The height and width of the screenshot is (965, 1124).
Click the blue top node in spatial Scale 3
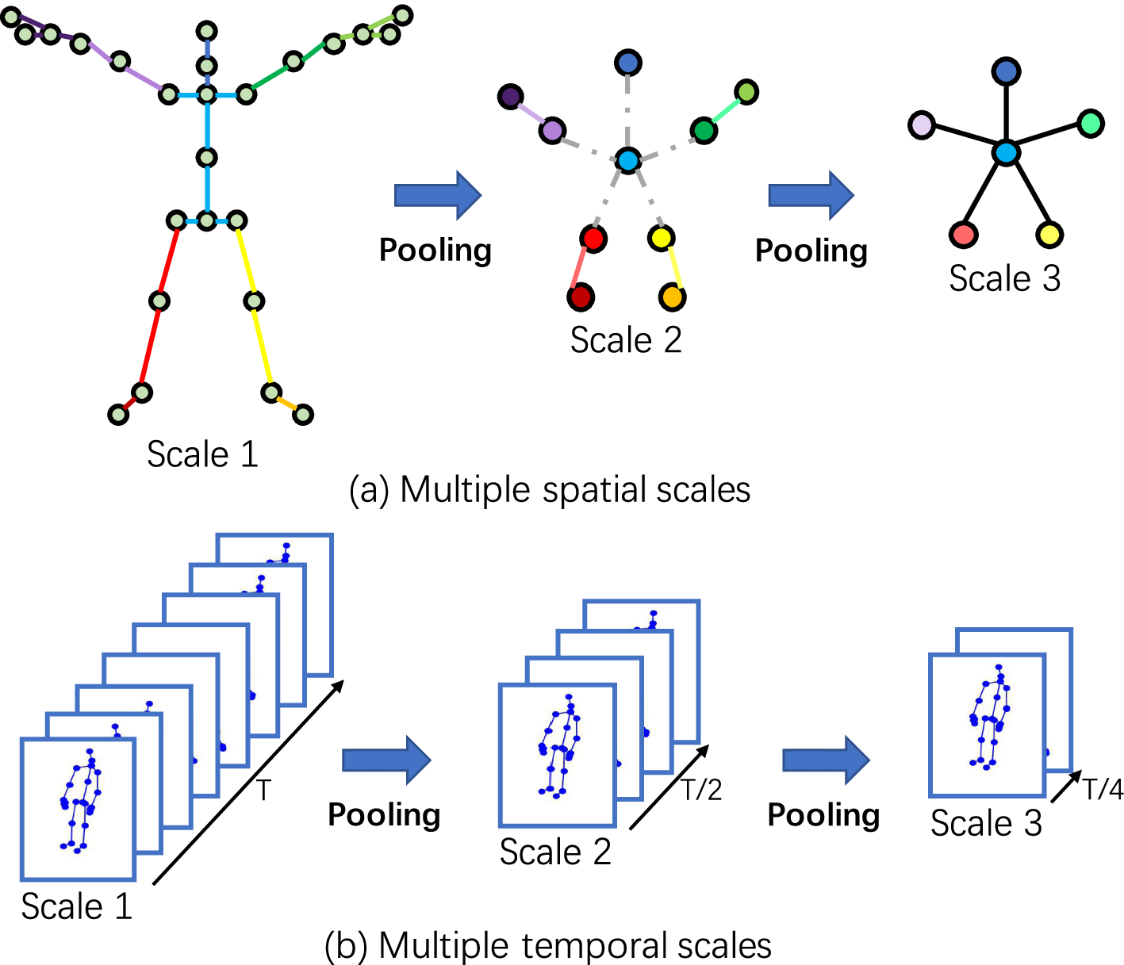pos(1006,71)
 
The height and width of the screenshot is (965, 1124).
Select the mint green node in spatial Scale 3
pos(1091,123)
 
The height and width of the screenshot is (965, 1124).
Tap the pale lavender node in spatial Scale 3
pos(921,124)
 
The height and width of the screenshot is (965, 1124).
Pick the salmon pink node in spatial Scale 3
pos(963,234)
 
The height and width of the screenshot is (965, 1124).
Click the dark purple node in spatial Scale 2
pos(510,97)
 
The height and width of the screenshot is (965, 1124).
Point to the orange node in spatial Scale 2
pos(672,297)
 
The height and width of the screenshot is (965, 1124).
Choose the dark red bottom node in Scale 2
pos(581,297)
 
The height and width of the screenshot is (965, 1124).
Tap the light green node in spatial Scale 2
pos(746,92)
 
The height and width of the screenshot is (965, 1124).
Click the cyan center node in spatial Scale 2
pos(628,161)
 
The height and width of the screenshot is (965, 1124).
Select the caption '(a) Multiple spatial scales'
pos(550,490)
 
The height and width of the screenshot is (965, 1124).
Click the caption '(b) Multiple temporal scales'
pos(548,946)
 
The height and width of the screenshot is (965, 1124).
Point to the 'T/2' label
pos(701,791)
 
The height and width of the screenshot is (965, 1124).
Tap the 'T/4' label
pos(1103,790)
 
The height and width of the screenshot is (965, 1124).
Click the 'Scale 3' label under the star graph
pos(1004,278)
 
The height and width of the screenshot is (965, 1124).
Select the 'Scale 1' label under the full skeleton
pos(202,454)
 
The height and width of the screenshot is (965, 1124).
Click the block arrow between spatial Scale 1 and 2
pos(438,195)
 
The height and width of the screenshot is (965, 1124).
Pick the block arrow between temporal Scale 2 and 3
pos(826,759)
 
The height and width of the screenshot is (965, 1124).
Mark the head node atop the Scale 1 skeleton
pos(207,32)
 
